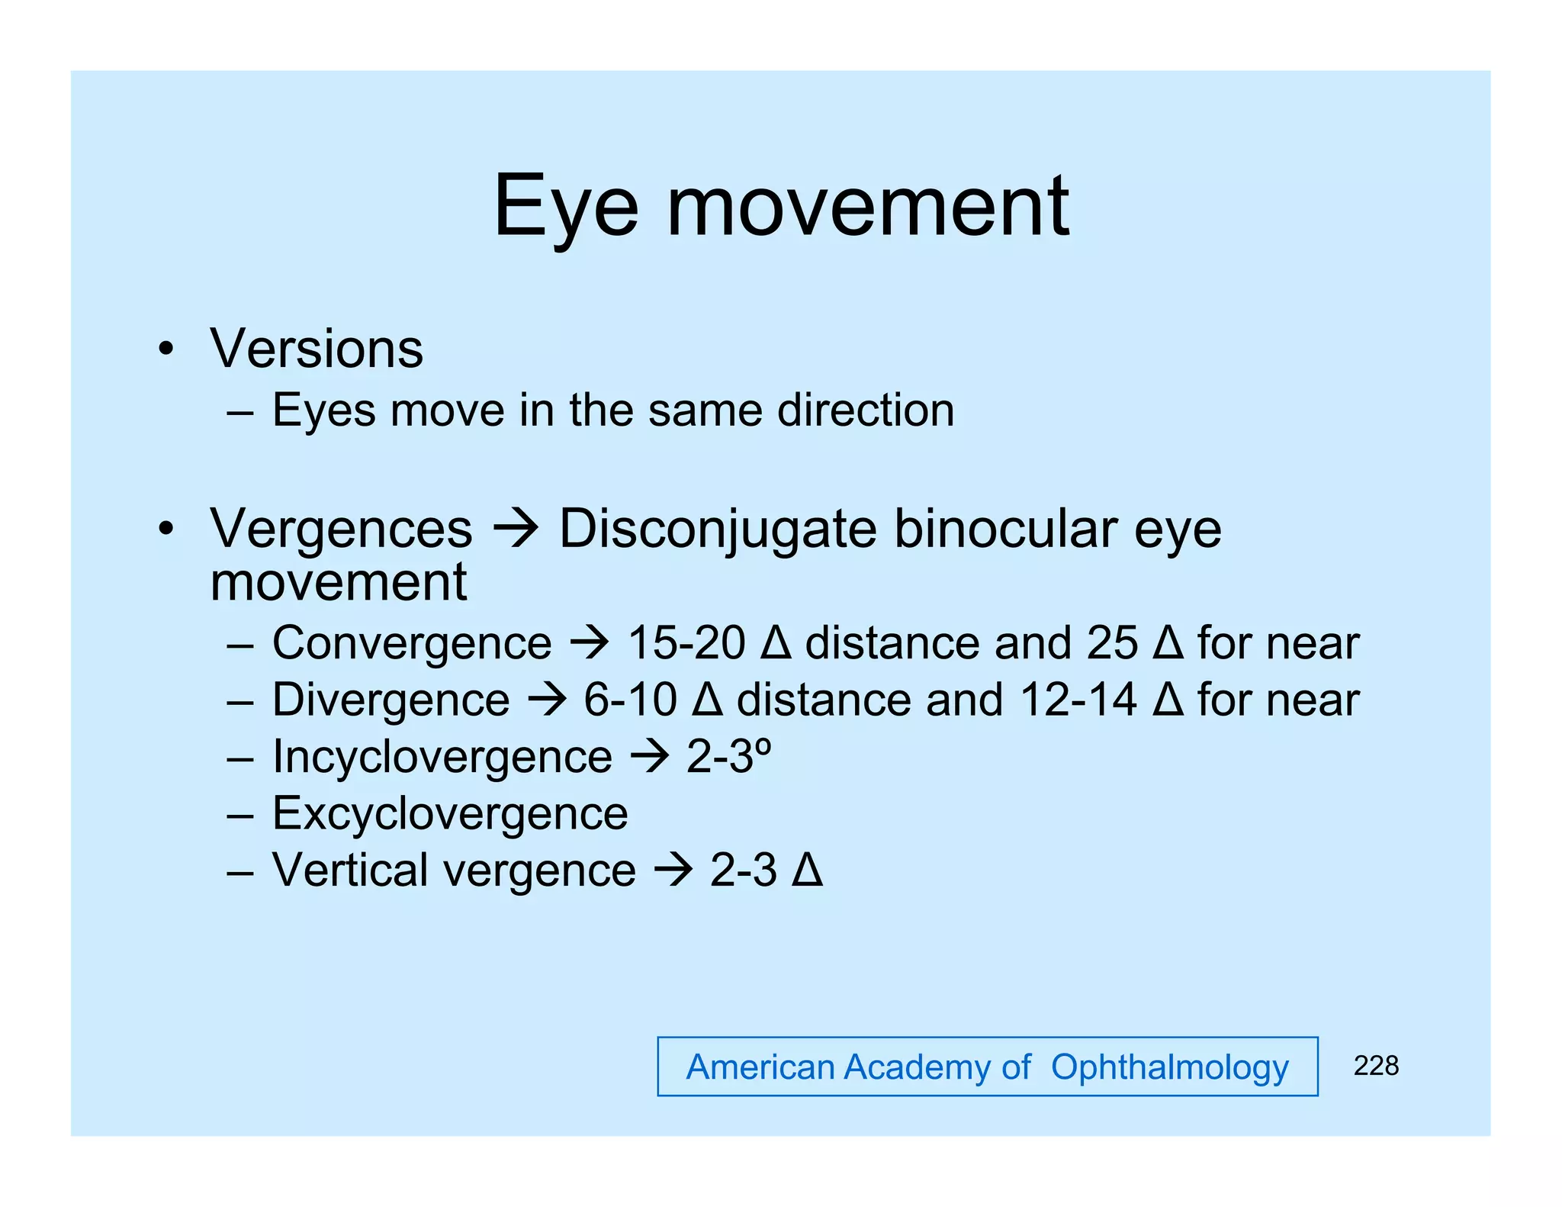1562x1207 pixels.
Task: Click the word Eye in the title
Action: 565,206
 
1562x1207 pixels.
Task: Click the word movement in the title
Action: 868,206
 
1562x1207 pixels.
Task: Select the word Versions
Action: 317,349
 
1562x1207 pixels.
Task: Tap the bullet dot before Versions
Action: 166,350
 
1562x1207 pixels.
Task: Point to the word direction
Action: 866,410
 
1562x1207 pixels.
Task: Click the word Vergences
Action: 341,529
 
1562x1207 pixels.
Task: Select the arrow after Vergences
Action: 516,529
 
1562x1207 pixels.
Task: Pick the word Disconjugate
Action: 718,529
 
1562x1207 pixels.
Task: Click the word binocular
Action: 1005,529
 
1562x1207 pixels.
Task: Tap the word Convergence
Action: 412,642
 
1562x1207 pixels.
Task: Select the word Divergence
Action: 391,700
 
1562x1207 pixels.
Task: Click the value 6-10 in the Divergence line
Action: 630,700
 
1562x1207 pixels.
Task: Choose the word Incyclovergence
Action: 442,757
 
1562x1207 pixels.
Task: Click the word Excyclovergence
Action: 450,813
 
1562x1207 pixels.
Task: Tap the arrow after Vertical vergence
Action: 673,870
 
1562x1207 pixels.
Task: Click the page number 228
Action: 1376,1065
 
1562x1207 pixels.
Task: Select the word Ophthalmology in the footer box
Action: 1169,1067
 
